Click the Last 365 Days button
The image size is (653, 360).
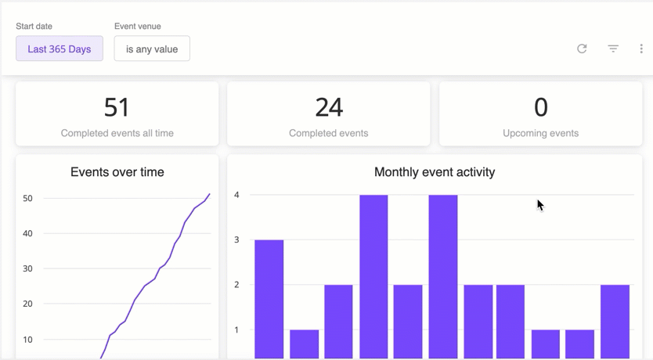tap(60, 49)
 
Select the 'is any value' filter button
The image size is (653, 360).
tap(152, 49)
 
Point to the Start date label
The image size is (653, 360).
tap(34, 26)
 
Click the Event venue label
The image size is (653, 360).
tap(138, 26)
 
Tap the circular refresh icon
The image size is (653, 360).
tap(582, 49)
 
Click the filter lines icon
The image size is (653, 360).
tap(613, 49)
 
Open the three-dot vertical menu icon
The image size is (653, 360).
tap(641, 49)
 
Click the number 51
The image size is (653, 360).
tap(117, 106)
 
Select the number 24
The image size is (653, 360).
tap(329, 106)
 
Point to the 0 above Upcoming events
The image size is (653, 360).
tap(541, 106)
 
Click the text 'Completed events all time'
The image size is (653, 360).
tap(117, 133)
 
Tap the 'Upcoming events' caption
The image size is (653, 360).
tap(541, 133)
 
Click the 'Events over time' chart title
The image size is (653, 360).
tap(117, 172)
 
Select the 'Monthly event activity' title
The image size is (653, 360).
tap(435, 172)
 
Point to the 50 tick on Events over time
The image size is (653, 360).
tap(27, 198)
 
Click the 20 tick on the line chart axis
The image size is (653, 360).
tap(27, 304)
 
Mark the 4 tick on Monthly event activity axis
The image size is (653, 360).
tap(236, 195)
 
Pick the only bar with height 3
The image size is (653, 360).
tap(269, 297)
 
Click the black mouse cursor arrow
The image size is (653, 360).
tap(539, 204)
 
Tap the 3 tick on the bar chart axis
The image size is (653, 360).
tap(236, 239)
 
